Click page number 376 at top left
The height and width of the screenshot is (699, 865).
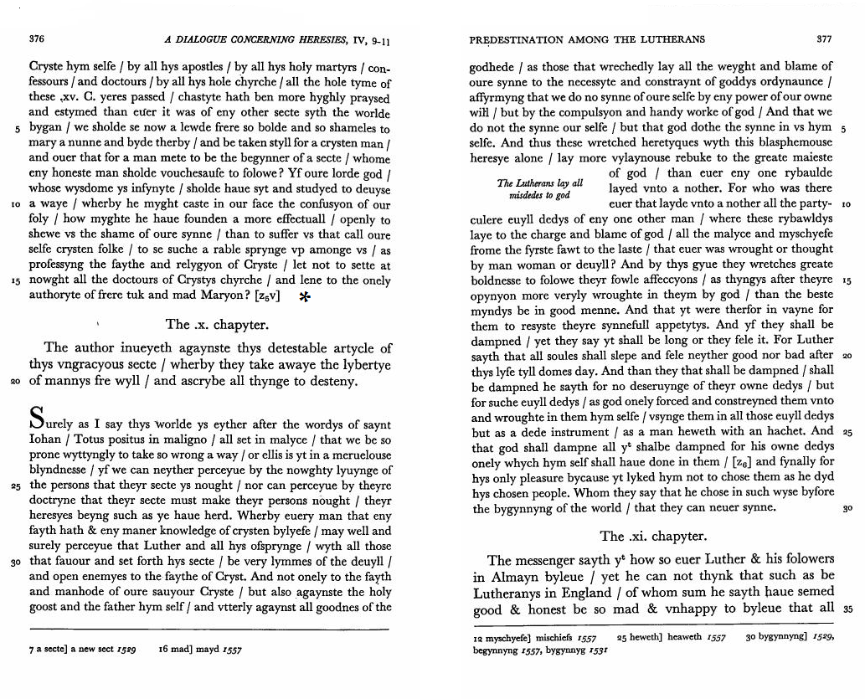coord(36,38)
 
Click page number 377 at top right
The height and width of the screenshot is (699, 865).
coord(824,39)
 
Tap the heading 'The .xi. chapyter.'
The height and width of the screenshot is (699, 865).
coord(653,536)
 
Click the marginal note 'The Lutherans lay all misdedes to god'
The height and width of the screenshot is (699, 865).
coord(539,189)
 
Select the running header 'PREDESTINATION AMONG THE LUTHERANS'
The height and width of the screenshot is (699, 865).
coord(587,39)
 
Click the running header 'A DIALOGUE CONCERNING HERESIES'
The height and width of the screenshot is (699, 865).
coord(268,39)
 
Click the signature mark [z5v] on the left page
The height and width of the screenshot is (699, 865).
coord(265,296)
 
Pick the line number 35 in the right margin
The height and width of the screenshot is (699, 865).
coord(846,609)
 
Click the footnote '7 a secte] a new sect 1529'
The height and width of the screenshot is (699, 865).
coord(83,648)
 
